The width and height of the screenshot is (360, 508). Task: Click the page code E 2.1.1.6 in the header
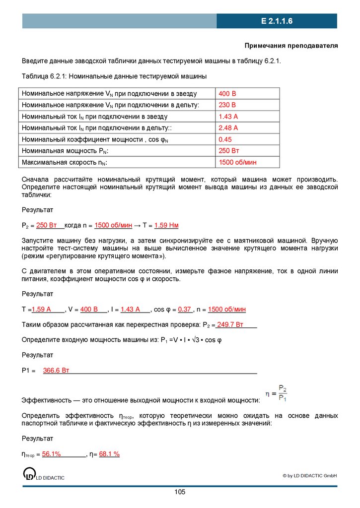coord(277,21)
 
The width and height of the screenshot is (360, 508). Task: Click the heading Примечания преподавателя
coord(291,46)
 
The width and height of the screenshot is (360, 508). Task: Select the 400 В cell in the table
coord(227,94)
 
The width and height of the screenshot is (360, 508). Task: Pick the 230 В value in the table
coord(227,105)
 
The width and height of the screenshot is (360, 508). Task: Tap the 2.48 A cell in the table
coord(228,128)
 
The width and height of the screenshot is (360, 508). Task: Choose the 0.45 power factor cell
coord(225,139)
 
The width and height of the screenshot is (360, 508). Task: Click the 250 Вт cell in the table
coord(229,151)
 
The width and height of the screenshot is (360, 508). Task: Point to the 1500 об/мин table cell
coord(237,162)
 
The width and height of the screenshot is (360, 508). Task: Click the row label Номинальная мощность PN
coord(65,151)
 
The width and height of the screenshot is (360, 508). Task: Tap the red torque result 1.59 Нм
coord(166,225)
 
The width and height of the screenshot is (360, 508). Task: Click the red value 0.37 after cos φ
coord(185,309)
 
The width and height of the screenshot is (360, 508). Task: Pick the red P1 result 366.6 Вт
coord(56,370)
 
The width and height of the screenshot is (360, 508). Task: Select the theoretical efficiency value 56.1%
coord(52,454)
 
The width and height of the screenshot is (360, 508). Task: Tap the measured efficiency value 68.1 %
coord(109,454)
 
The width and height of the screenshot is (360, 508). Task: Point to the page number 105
coord(180,492)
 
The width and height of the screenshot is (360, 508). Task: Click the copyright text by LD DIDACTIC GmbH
coord(310,476)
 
